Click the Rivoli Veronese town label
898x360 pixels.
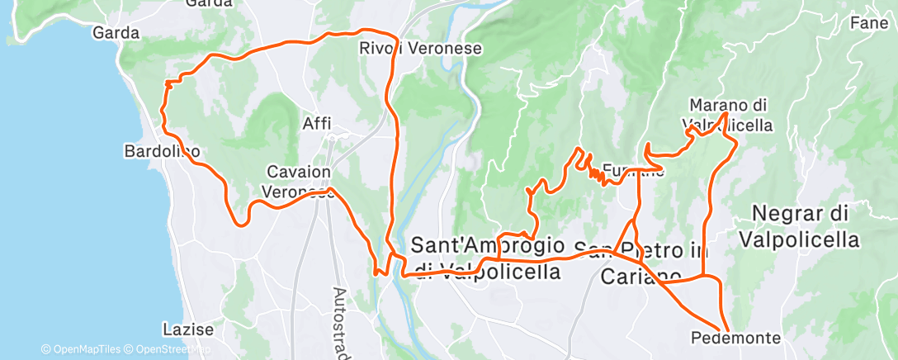(420, 49)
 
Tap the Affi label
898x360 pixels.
(317, 123)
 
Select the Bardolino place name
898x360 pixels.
(161, 151)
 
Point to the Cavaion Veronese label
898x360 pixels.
(299, 181)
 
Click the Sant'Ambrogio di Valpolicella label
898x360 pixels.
(487, 258)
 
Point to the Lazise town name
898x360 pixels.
(188, 329)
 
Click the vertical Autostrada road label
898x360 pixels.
(340, 322)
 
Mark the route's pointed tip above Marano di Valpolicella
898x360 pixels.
(725, 113)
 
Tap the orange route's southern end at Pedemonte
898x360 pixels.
(727, 328)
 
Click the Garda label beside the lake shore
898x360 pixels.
(116, 34)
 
